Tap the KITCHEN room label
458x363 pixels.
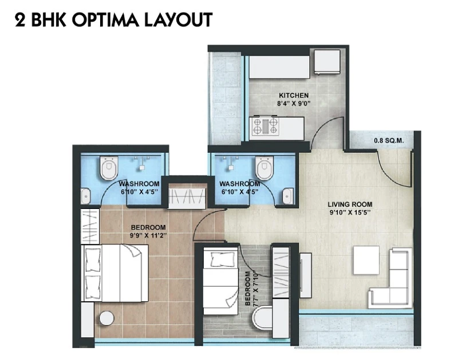coord(294,96)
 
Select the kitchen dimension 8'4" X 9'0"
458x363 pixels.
coord(293,104)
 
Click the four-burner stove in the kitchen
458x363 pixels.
coord(265,126)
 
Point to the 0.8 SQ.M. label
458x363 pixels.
coord(389,141)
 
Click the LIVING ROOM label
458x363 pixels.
coord(350,204)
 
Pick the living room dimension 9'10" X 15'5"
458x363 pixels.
coord(350,212)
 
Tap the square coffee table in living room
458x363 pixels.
coord(366,260)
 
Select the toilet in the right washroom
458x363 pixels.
coord(264,168)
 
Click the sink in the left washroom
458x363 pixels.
coord(85,196)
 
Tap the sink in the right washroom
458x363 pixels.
coord(288,196)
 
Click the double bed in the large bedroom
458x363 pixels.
coord(115,273)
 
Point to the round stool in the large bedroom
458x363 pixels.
coord(106,318)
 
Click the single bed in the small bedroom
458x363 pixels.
coord(221,281)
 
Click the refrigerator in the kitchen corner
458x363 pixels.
coord(327,62)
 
